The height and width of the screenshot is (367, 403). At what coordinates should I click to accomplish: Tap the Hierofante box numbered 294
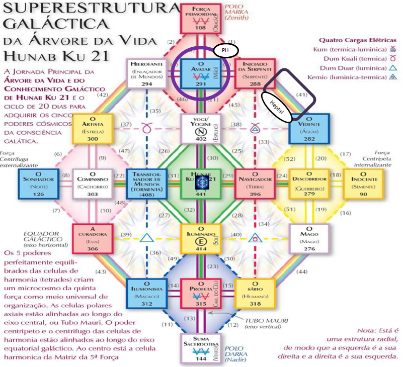coord(147,74)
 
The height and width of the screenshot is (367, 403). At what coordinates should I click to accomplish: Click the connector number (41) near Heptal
coord(301,94)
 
